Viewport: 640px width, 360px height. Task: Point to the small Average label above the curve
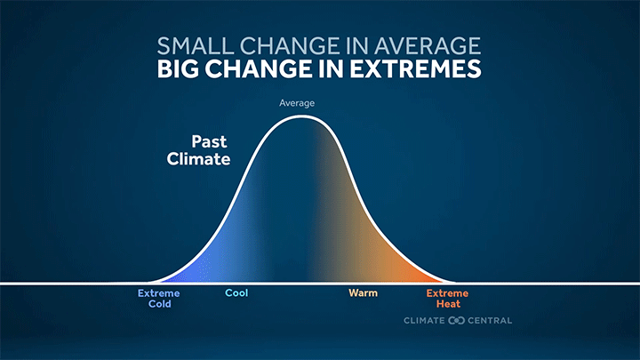297,103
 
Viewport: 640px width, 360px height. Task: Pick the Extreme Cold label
158,299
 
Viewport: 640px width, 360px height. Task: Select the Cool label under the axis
236,293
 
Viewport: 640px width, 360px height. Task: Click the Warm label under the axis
362,293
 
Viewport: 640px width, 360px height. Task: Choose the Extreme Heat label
446,299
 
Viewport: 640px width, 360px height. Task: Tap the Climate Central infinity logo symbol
457,321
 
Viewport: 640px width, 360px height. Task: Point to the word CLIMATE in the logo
424,321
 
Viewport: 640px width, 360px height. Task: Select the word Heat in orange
446,304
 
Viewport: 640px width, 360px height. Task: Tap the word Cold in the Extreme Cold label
158,304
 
